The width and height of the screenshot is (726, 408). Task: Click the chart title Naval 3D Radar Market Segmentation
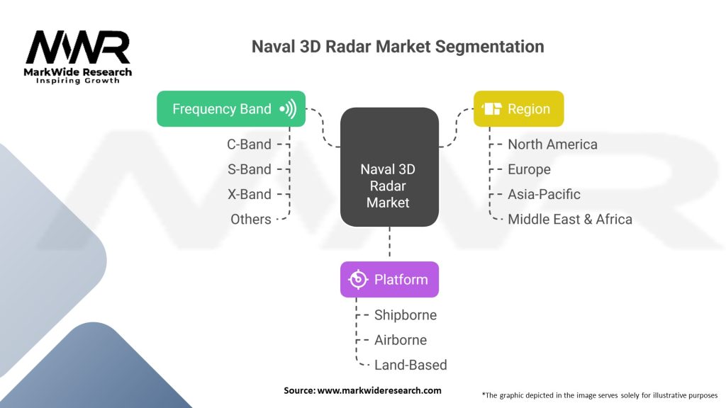[398, 47]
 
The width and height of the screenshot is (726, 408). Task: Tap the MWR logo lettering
[78, 48]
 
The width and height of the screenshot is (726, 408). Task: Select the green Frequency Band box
[230, 109]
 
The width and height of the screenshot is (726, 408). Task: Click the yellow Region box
[518, 109]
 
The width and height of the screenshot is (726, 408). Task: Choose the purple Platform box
[389, 280]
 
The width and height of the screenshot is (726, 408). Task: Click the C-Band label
[249, 144]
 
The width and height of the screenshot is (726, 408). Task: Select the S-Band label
[250, 169]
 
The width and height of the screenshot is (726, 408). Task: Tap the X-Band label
[249, 194]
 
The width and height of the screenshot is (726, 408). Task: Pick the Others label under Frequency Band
[251, 220]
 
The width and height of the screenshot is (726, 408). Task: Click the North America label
[552, 144]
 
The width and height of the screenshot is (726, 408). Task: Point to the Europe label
[529, 169]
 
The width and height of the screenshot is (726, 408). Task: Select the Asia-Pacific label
[544, 194]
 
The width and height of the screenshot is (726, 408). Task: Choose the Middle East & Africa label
[569, 220]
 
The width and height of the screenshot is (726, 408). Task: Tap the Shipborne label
[406, 315]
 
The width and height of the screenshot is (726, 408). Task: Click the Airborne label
[401, 340]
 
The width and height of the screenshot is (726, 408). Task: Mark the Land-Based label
[411, 365]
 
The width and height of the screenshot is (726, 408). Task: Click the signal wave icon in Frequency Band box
[287, 109]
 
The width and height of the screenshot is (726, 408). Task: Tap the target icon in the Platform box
[358, 280]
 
